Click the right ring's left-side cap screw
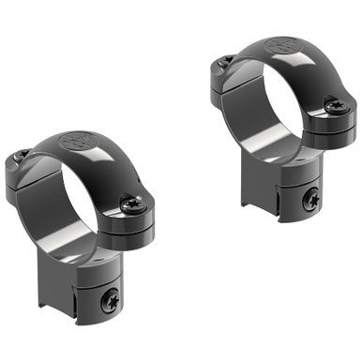click(225, 61)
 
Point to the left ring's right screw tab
click(131, 214)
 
